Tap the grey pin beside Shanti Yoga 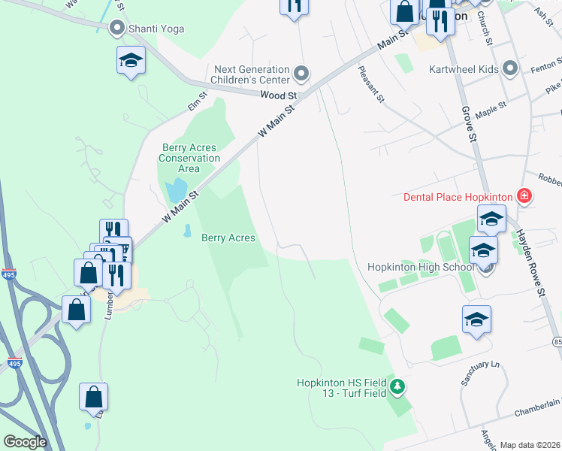click(116, 29)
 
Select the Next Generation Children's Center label click(251, 73)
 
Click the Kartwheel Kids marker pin click(511, 70)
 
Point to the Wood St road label click(279, 95)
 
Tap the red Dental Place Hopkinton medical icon click(524, 197)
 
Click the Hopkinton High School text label click(420, 267)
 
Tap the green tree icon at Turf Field click(398, 388)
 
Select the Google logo click(25, 442)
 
